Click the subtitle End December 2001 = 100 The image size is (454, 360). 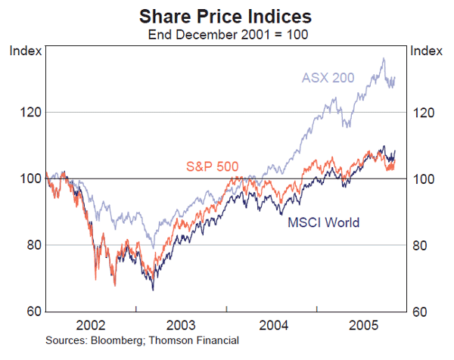[226, 33]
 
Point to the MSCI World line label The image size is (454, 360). [323, 222]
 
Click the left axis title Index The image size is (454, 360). [23, 51]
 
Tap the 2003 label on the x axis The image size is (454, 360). [182, 324]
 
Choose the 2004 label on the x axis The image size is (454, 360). [272, 324]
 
